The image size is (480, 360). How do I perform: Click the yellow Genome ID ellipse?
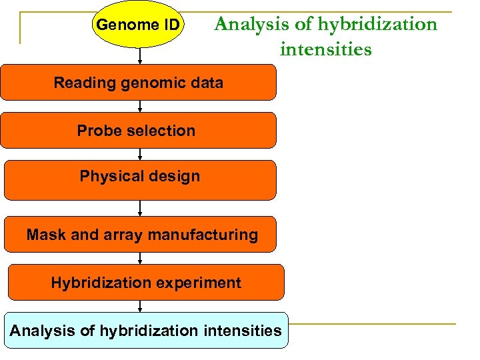click(x=137, y=25)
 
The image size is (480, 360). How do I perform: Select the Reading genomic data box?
click(x=138, y=82)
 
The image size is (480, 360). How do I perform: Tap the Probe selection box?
click(x=138, y=130)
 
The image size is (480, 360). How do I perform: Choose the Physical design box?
click(x=139, y=179)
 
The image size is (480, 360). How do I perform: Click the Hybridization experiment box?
click(x=145, y=282)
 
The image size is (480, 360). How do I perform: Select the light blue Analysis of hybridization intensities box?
click(x=146, y=330)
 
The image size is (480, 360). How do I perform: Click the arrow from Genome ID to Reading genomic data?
click(x=139, y=56)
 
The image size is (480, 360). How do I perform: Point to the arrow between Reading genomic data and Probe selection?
click(x=139, y=105)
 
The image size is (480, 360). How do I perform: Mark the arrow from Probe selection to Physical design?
click(x=139, y=154)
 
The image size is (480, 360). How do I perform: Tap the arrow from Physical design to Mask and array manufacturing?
click(x=139, y=208)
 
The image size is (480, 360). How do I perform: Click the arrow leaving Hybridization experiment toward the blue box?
click(x=139, y=306)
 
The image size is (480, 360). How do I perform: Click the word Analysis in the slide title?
click(x=248, y=25)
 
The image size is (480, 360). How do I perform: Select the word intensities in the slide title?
click(x=325, y=49)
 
